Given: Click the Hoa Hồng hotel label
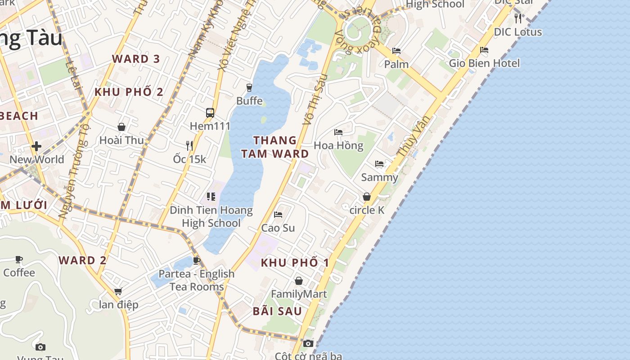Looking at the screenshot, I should tap(338, 145).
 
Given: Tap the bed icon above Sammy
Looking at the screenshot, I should tap(379, 164).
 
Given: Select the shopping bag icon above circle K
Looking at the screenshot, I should tap(367, 197).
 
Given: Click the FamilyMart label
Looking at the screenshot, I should tap(299, 294).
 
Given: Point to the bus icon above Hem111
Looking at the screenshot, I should tap(210, 112).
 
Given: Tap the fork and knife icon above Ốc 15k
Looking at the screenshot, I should tap(189, 145).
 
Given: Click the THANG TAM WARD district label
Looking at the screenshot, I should tap(274, 147).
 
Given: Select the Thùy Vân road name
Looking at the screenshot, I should tap(413, 136).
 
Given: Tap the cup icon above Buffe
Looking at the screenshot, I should tap(249, 87).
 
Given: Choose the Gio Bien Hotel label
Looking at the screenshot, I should tap(484, 63).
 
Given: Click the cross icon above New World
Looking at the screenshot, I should tap(36, 146).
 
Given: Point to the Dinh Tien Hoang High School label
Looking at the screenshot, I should tap(211, 216).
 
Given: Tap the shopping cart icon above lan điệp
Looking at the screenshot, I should tap(118, 291).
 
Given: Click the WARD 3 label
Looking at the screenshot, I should tap(136, 59).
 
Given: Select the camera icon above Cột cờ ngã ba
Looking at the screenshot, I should tap(308, 344).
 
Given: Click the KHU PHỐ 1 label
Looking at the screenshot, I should tap(295, 262).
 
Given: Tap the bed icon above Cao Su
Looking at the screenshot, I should tap(278, 215).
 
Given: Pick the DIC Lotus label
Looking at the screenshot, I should tap(518, 32).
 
